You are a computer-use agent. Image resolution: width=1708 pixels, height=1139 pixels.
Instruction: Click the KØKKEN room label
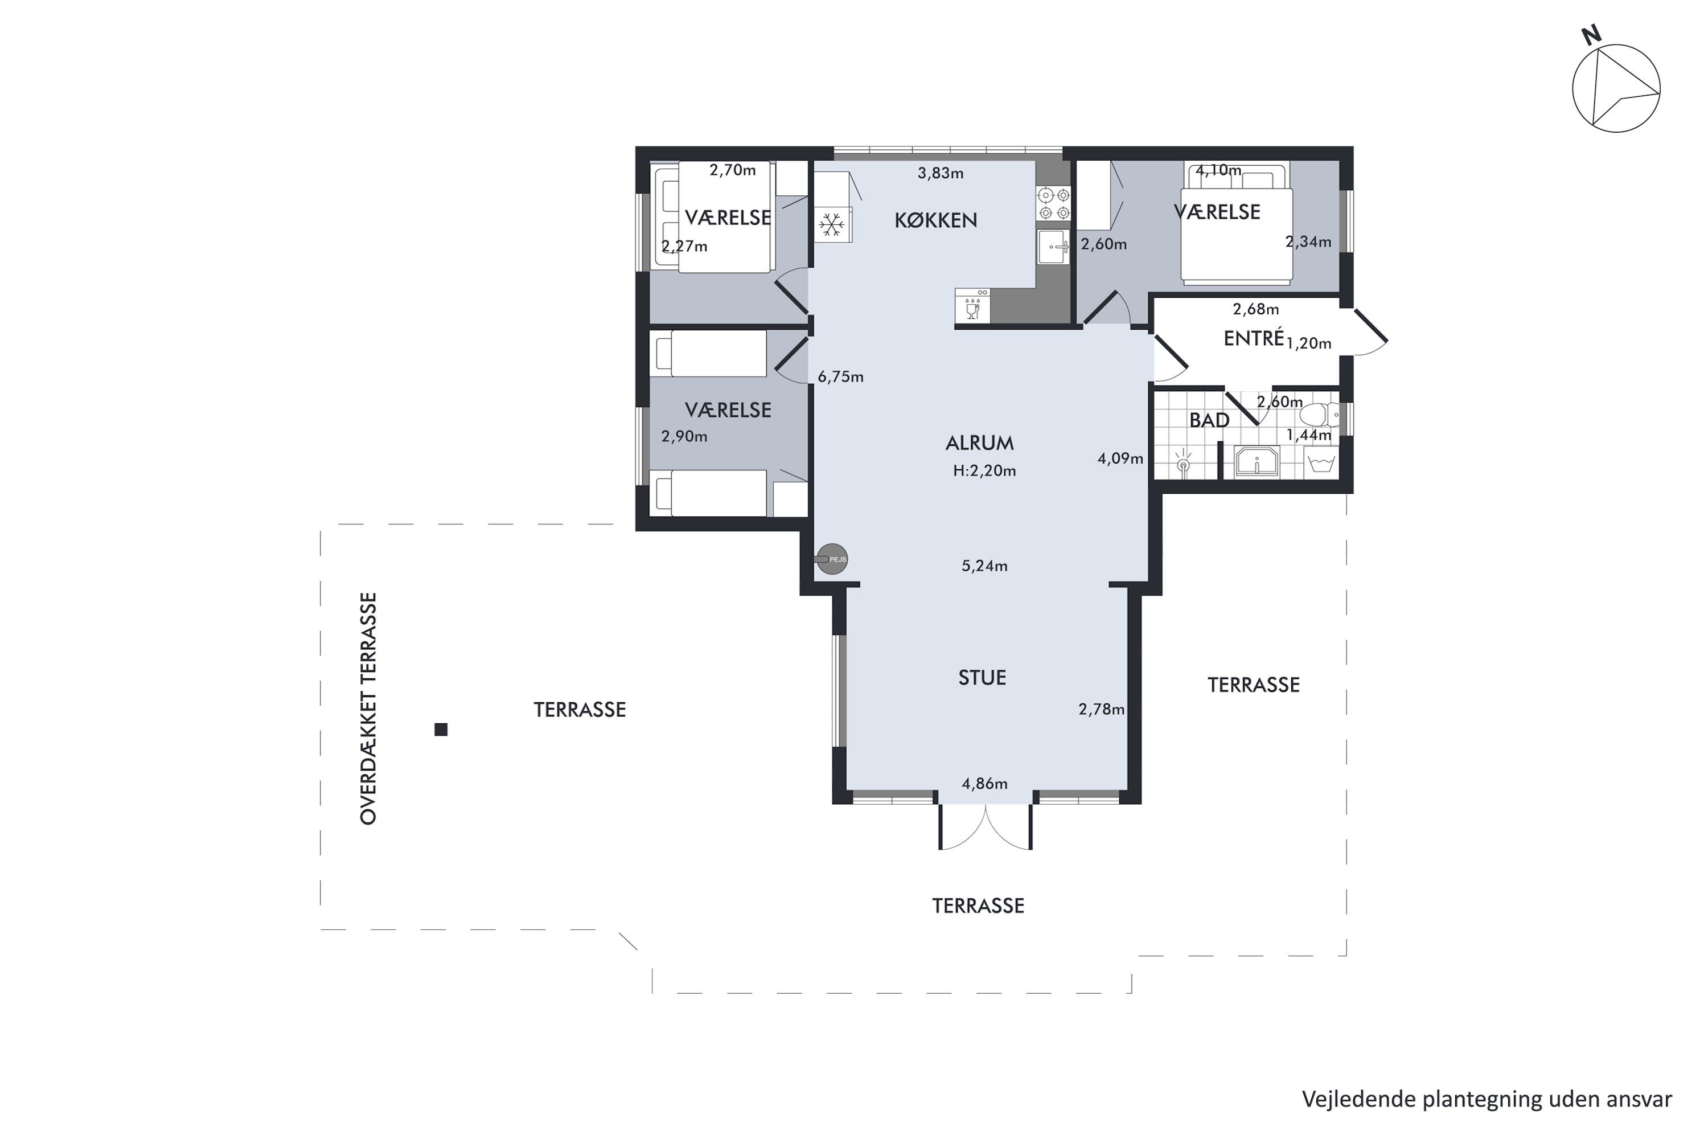point(935,220)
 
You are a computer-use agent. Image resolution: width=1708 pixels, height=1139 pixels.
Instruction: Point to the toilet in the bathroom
point(1320,415)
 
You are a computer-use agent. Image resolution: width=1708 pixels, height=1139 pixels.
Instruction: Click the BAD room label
point(1209,421)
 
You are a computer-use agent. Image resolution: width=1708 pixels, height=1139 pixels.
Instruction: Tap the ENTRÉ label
point(1254,338)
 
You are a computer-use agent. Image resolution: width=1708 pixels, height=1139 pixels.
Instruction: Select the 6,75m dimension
point(840,377)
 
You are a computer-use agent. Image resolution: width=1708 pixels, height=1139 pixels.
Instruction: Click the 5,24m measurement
point(985,566)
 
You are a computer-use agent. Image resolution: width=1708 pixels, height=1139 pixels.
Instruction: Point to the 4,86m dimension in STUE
point(985,784)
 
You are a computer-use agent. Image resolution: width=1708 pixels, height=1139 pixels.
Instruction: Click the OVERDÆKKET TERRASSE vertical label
point(369,708)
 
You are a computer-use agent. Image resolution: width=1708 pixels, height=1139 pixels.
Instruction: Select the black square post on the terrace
point(441,730)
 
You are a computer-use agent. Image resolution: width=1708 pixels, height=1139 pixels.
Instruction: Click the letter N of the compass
point(1591,35)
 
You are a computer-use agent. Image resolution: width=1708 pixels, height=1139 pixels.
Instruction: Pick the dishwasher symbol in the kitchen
point(972,306)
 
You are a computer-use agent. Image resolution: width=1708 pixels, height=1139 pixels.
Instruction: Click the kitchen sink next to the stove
point(1053,247)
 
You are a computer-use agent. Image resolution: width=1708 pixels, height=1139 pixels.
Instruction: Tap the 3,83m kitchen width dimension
point(941,174)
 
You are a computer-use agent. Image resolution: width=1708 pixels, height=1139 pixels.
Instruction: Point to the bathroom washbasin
point(1257,462)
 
